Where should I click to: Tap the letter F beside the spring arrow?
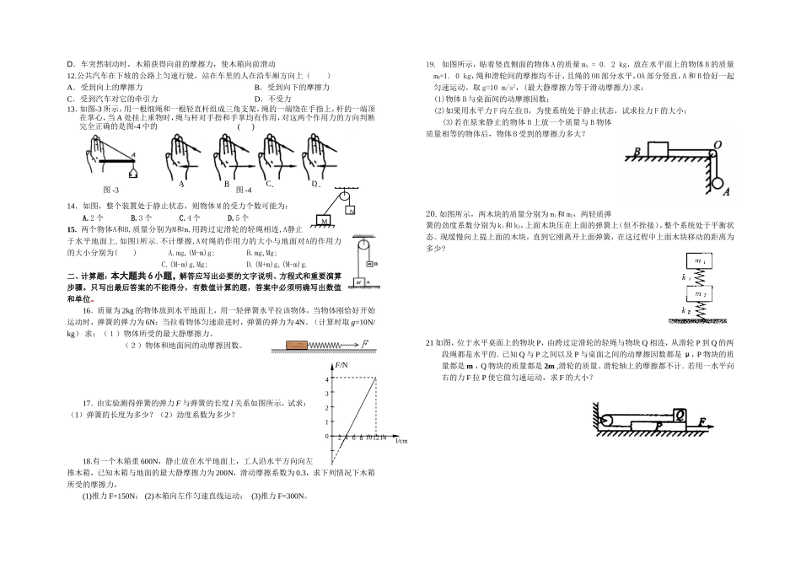(366, 343)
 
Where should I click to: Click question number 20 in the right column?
(430, 213)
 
